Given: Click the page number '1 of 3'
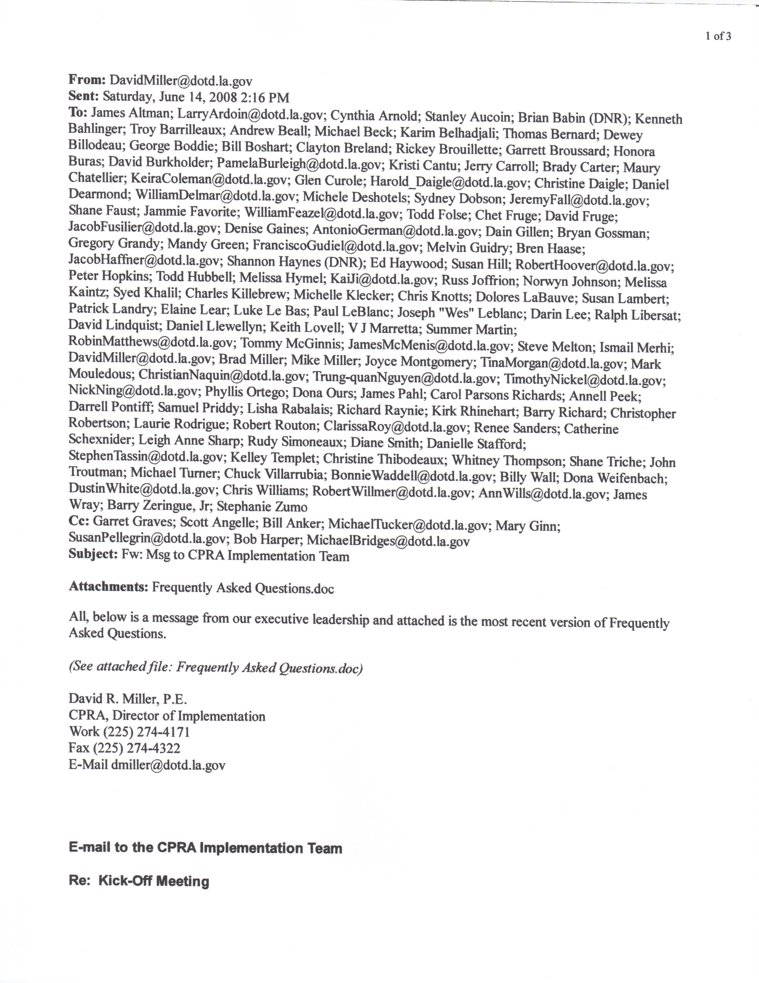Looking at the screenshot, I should (718, 36).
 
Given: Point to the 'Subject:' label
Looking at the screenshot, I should (93, 554).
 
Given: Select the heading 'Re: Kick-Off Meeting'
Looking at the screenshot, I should (139, 881).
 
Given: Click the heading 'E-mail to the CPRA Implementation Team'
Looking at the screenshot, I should (205, 848).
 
